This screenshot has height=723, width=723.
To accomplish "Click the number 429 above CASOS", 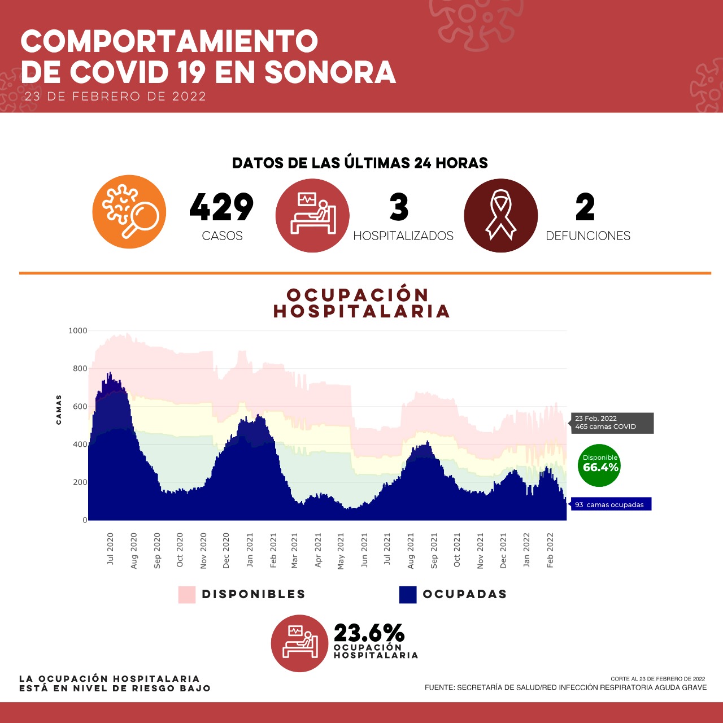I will click(x=221, y=207).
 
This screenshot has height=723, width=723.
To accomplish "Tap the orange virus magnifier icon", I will click(x=129, y=212).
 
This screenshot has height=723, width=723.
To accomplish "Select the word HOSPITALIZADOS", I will click(x=403, y=236).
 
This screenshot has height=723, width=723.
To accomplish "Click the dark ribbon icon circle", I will click(x=500, y=216).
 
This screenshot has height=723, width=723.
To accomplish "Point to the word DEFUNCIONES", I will click(x=588, y=236).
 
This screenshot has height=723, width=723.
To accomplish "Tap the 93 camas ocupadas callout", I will click(x=611, y=504).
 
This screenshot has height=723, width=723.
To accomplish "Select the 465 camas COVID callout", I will click(x=612, y=423).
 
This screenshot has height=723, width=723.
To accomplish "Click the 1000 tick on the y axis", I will click(x=78, y=331).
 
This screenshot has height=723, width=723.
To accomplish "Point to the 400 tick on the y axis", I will click(x=80, y=445).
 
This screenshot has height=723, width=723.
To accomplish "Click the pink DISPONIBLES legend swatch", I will click(x=187, y=595).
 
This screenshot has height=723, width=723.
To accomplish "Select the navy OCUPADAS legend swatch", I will click(x=408, y=595).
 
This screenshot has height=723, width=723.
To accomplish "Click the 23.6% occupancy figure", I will click(x=369, y=633).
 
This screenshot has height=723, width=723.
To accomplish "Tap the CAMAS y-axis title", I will click(x=59, y=410).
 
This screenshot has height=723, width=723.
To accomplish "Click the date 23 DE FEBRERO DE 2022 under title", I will click(x=115, y=97).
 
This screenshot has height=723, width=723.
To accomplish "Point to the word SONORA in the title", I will click(x=330, y=72).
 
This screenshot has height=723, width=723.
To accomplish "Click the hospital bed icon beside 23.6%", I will click(x=299, y=643).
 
